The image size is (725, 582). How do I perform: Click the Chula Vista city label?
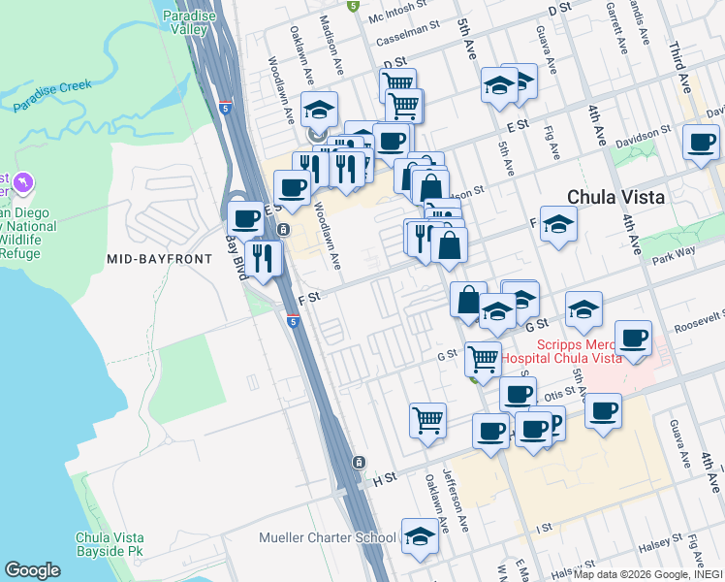615,197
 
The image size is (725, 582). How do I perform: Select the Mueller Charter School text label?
328,537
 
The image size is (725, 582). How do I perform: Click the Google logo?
32,570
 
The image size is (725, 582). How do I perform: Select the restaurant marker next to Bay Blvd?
263,257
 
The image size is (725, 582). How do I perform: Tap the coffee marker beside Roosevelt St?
633,338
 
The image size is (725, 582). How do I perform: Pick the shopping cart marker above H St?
427,420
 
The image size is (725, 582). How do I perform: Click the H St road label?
385,478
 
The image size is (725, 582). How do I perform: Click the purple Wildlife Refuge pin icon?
24,181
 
